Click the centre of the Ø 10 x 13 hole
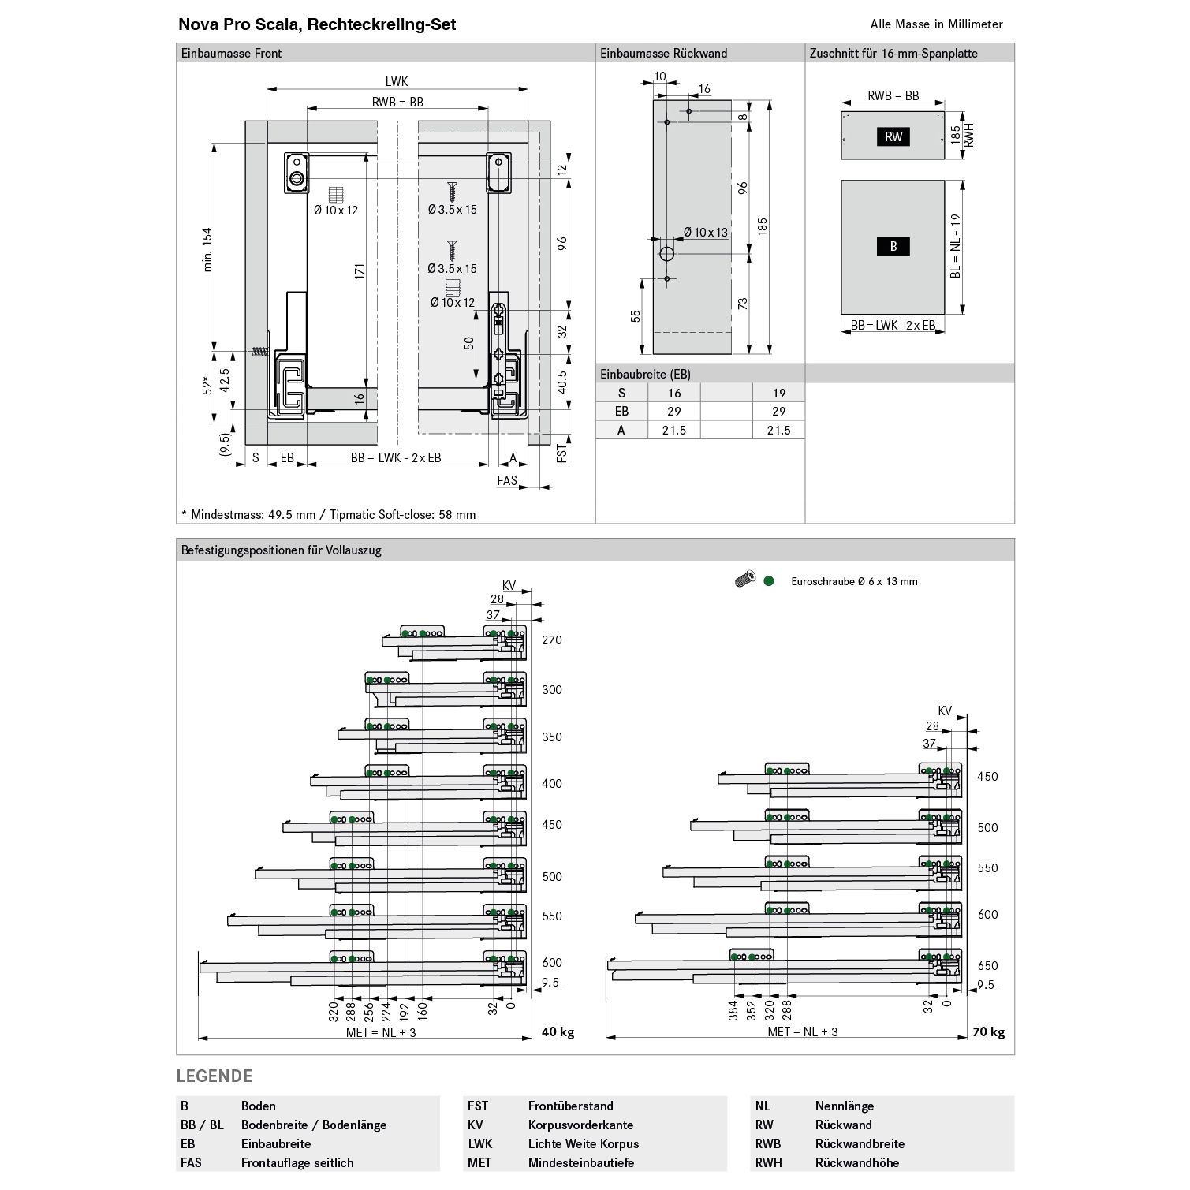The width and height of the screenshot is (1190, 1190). pyautogui.click(x=666, y=255)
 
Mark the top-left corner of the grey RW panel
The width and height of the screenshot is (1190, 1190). pyautogui.click(x=841, y=112)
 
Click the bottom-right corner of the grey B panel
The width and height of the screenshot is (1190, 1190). pyautogui.click(x=944, y=313)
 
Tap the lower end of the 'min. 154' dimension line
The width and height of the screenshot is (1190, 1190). pyautogui.click(x=214, y=351)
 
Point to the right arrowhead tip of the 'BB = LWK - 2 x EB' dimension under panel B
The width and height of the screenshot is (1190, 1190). pyautogui.click(x=944, y=332)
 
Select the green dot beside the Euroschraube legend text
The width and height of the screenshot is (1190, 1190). pyautogui.click(x=769, y=581)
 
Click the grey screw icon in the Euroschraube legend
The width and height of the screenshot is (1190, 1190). pyautogui.click(x=744, y=580)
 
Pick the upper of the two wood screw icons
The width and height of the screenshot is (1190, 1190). pyautogui.click(x=452, y=192)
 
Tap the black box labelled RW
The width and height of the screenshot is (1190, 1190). pyautogui.click(x=893, y=137)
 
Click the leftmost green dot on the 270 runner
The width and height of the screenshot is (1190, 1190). pyautogui.click(x=405, y=634)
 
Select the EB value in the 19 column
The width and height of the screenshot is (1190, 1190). pyautogui.click(x=778, y=412)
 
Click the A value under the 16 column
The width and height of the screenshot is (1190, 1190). pyautogui.click(x=673, y=431)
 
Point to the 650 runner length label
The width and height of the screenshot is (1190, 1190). pyautogui.click(x=987, y=966)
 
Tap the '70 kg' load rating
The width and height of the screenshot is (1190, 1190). pyautogui.click(x=988, y=1032)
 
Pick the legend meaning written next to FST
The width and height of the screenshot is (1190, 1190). pyautogui.click(x=570, y=1106)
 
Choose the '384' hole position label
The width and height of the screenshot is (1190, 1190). pyautogui.click(x=733, y=1011)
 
